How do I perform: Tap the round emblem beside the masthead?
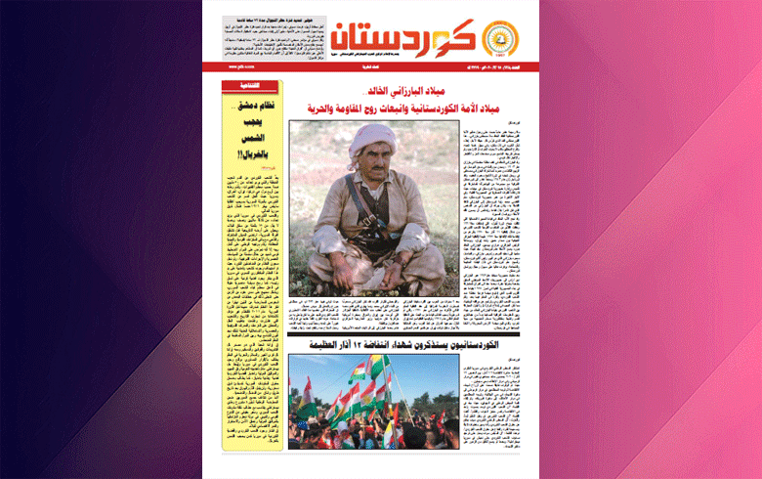coord(504,39)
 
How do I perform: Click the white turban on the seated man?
coord(371,137)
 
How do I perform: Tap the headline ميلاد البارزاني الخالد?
coord(407,91)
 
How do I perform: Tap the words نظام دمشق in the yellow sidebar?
coord(253,105)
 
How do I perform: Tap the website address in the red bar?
coord(235,67)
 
